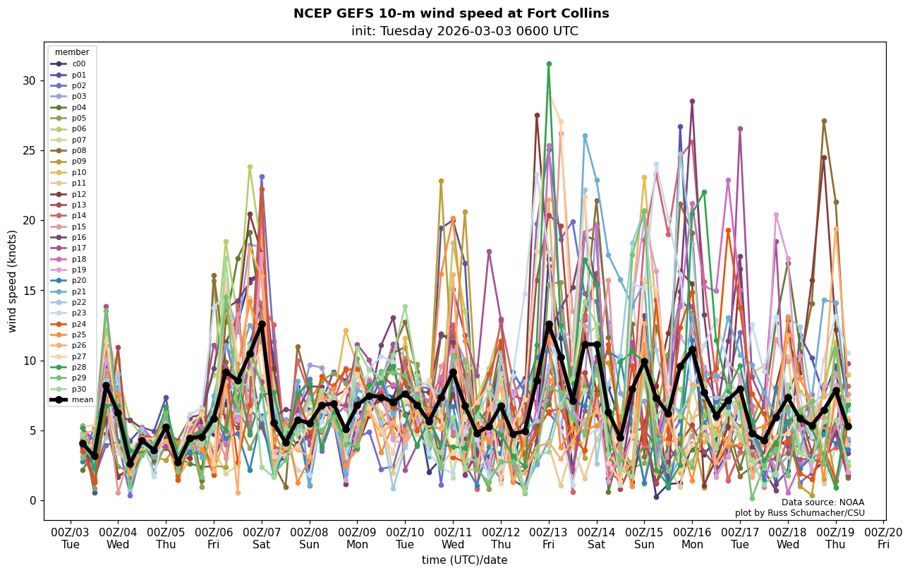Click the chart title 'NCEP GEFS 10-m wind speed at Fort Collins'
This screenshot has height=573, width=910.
click(451, 13)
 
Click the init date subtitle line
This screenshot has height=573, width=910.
click(464, 31)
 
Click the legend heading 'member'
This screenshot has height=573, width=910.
click(72, 52)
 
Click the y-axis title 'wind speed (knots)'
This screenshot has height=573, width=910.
click(13, 281)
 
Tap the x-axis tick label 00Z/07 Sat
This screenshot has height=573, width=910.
click(262, 538)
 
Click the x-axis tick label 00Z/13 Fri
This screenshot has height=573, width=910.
click(549, 538)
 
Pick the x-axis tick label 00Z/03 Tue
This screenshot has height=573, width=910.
click(71, 538)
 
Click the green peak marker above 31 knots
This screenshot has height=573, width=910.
click(549, 64)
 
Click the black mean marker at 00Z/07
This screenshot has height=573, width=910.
click(262, 324)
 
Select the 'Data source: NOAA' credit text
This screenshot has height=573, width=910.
click(823, 502)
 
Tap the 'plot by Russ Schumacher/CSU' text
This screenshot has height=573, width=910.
click(799, 513)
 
